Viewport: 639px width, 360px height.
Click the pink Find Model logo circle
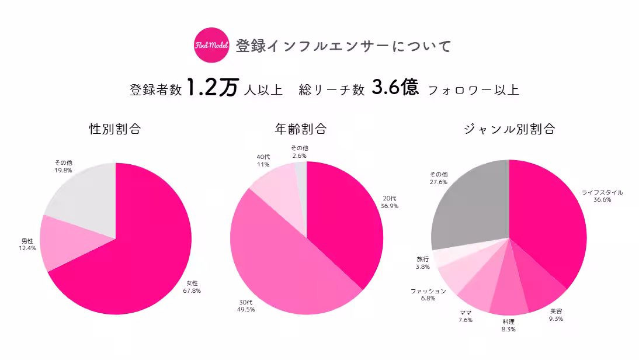coord(211,45)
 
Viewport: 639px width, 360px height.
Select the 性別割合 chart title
coord(115,129)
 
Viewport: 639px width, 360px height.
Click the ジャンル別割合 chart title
coord(509,129)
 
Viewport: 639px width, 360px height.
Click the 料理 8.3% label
coord(509,326)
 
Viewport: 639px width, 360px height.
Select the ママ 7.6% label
coord(466,316)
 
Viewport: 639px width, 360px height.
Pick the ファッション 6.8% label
coord(428,295)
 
